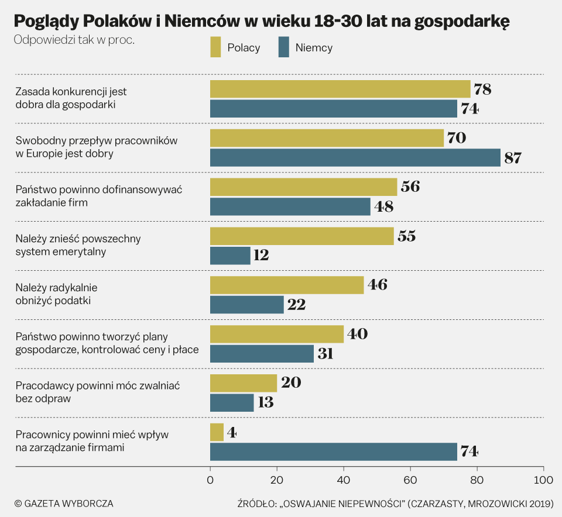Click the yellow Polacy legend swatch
pos(215,47)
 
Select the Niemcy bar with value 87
pos(355,158)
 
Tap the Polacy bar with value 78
pos(340,89)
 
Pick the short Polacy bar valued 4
pos(217,432)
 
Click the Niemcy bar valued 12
pos(230,256)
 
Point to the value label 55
pos(407,236)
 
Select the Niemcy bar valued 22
pos(246,305)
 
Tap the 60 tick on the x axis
pos(410,480)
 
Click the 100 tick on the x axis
pos(543,480)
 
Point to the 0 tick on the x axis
pos(210,480)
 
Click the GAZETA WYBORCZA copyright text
pos(64,503)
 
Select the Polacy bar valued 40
pos(276,335)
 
